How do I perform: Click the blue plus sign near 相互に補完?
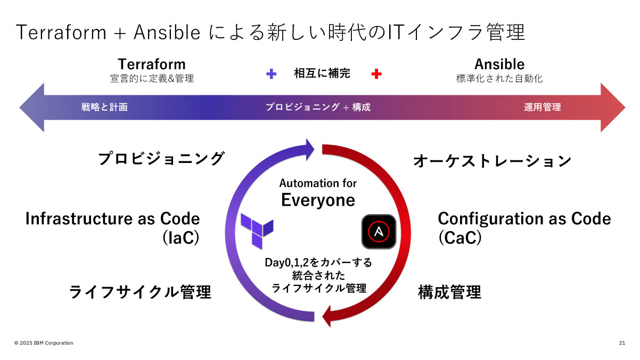pyautogui.click(x=272, y=75)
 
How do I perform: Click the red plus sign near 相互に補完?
pyautogui.click(x=376, y=75)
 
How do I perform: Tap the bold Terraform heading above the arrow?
pyautogui.click(x=152, y=64)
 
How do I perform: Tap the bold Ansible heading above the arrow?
pyautogui.click(x=499, y=64)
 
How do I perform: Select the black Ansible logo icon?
pyautogui.click(x=379, y=232)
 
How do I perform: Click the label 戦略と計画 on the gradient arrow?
pyautogui.click(x=104, y=107)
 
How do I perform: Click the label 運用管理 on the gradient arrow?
pyautogui.click(x=542, y=107)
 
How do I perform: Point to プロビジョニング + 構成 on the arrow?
pyautogui.click(x=318, y=107)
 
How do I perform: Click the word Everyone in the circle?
pyautogui.click(x=318, y=200)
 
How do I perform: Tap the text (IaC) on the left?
pyautogui.click(x=180, y=238)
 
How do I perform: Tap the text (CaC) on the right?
pyautogui.click(x=460, y=238)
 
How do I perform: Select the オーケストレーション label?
pyautogui.click(x=492, y=161)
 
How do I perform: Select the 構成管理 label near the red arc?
pyautogui.click(x=449, y=292)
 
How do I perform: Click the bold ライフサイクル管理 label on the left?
pyautogui.click(x=140, y=292)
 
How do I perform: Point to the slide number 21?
pyautogui.click(x=622, y=343)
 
